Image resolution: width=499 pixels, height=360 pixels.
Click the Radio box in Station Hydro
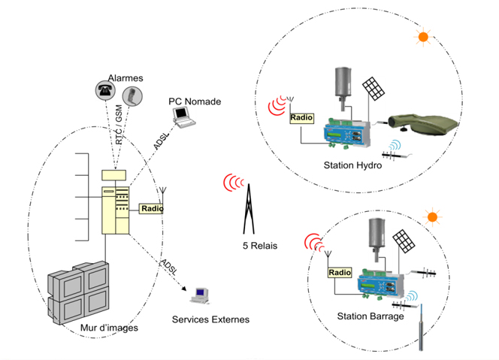pyautogui.click(x=301, y=118)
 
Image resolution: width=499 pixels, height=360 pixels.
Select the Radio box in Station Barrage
pyautogui.click(x=340, y=273)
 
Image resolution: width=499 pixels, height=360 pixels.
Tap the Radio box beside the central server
pyautogui.click(x=152, y=208)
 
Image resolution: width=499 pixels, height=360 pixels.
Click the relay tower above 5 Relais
pyautogui.click(x=249, y=209)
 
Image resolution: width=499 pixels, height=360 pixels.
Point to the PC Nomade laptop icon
pyautogui.click(x=183, y=117)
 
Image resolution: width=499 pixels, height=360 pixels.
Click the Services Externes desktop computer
pyautogui.click(x=200, y=295)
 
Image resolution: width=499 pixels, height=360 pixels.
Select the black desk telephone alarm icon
pyautogui.click(x=105, y=90)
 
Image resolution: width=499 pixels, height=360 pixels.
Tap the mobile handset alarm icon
pyautogui.click(x=132, y=96)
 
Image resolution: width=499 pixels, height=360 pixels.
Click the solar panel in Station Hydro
pyautogui.click(x=373, y=89)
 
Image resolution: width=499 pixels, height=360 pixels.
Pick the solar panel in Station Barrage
pyautogui.click(x=404, y=241)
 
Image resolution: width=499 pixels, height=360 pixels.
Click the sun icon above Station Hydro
pyautogui.click(x=423, y=37)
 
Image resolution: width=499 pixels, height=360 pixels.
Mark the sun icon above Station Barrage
pyautogui.click(x=432, y=217)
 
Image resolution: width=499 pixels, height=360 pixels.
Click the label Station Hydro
pyautogui.click(x=352, y=165)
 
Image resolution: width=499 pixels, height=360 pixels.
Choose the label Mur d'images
pyautogui.click(x=109, y=328)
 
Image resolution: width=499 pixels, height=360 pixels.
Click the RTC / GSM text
pyautogui.click(x=119, y=125)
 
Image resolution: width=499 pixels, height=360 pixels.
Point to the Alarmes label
pyautogui.click(x=126, y=78)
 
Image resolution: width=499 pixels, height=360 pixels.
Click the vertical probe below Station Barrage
pyautogui.click(x=421, y=327)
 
